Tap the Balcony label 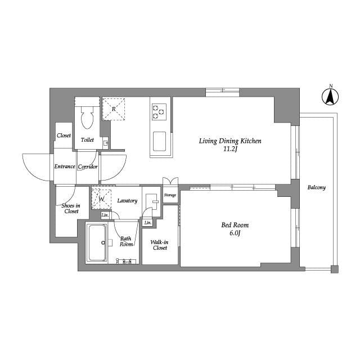(316, 187)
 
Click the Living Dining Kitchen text (230, 142)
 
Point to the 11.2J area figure (231, 150)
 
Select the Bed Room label (234, 226)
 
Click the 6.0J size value (235, 234)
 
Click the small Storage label (170, 195)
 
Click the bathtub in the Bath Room (97, 243)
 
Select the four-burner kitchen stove (159, 112)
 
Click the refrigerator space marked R (114, 109)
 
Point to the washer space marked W (102, 199)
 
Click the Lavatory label (127, 201)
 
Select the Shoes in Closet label (71, 208)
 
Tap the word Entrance (65, 166)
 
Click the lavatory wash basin (151, 201)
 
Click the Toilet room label (87, 139)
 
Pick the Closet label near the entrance (64, 136)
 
